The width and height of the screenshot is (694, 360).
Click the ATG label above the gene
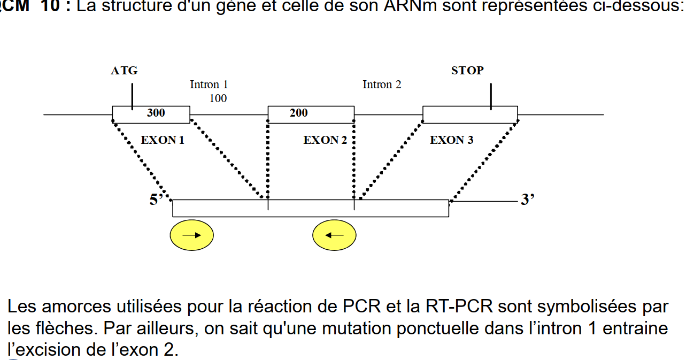pyautogui.click(x=124, y=71)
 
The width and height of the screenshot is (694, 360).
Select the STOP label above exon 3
pyautogui.click(x=467, y=71)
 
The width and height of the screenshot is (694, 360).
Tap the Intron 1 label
pyautogui.click(x=209, y=85)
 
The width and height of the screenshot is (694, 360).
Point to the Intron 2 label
pyautogui.click(x=382, y=85)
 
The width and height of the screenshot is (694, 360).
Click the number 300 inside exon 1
pyautogui.click(x=156, y=113)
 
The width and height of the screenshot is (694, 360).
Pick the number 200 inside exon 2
pyautogui.click(x=298, y=113)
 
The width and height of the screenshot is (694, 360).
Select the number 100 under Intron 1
pyautogui.click(x=218, y=98)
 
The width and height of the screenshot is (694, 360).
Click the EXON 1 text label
pyautogui.click(x=163, y=140)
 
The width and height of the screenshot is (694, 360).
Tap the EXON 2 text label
pyautogui.click(x=325, y=140)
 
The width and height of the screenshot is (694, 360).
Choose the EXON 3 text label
pyautogui.click(x=452, y=140)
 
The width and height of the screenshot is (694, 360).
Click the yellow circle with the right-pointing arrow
pyautogui.click(x=191, y=235)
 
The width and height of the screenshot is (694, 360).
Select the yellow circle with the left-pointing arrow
pyautogui.click(x=334, y=235)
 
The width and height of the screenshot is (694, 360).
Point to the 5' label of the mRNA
pyautogui.click(x=156, y=200)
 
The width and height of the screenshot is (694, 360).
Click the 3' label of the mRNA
pyautogui.click(x=528, y=200)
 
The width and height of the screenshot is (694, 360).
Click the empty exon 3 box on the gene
pyautogui.click(x=454, y=114)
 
